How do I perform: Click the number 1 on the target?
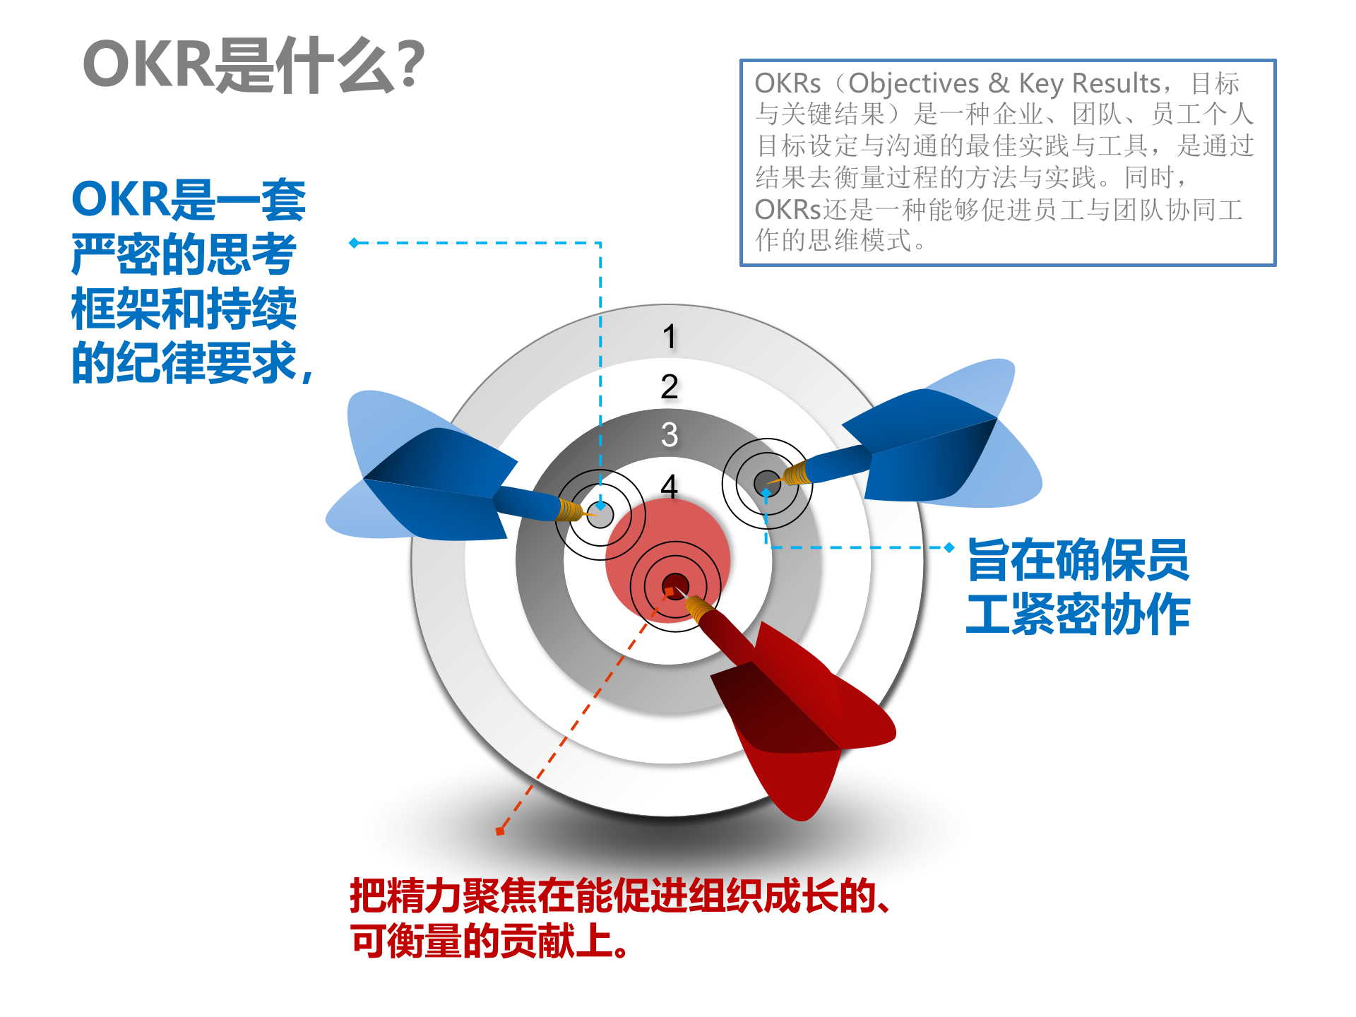click(x=669, y=336)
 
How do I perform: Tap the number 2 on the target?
click(x=669, y=386)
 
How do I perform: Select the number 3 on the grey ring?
click(x=669, y=434)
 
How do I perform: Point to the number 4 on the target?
click(x=669, y=486)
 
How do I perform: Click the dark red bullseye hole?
click(x=675, y=586)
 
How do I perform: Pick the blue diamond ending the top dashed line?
click(x=355, y=243)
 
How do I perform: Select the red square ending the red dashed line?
click(x=500, y=831)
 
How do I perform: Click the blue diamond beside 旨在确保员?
click(x=949, y=547)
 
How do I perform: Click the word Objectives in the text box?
click(x=913, y=83)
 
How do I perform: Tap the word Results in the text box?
click(x=1116, y=83)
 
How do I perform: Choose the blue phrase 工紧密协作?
click(x=1078, y=614)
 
